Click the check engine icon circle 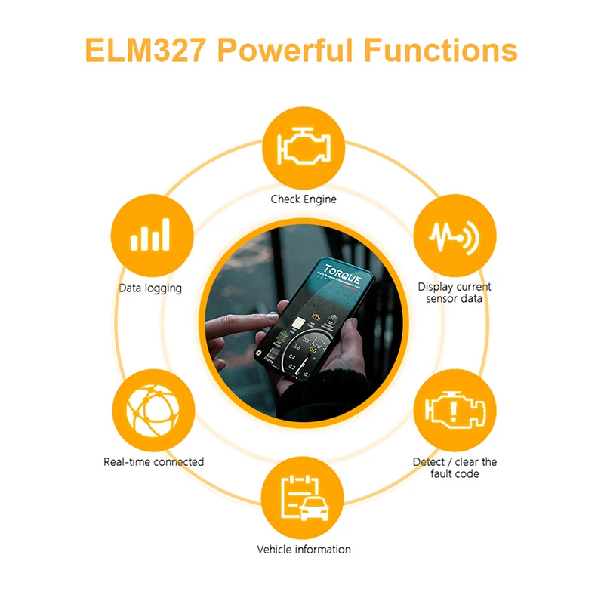(x=303, y=147)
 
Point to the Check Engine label (x=304, y=199)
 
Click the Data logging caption (x=150, y=288)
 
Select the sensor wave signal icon (x=456, y=235)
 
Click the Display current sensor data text (x=455, y=293)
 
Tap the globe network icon (x=153, y=409)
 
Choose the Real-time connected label (x=153, y=461)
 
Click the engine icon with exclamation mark (x=455, y=409)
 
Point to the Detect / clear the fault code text (x=455, y=467)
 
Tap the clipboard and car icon (x=303, y=498)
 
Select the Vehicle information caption (x=304, y=550)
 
